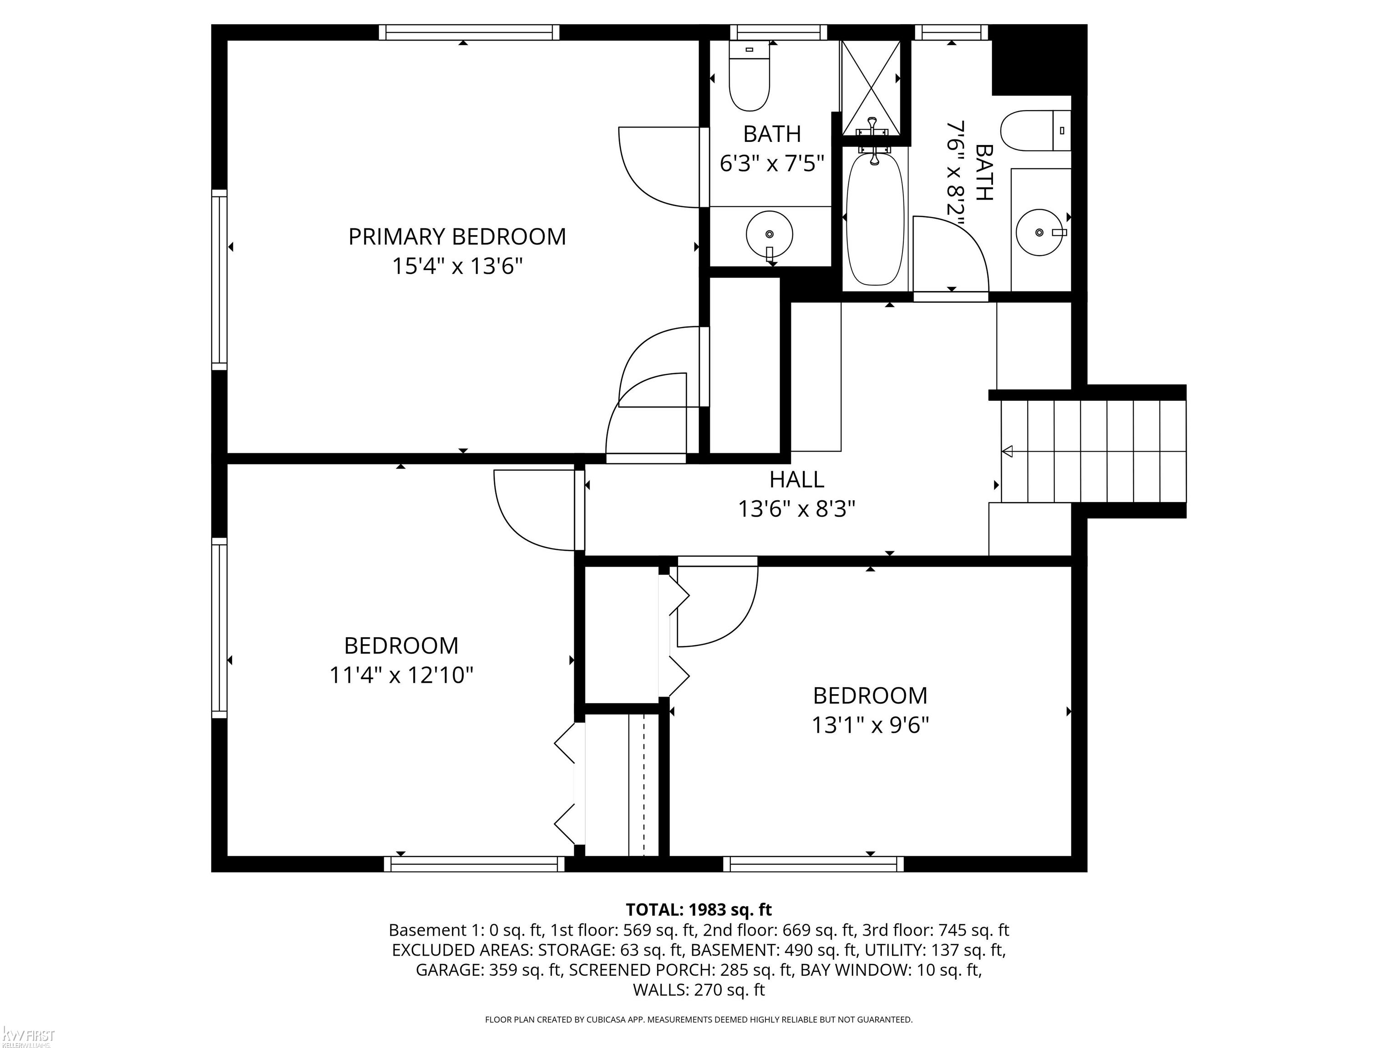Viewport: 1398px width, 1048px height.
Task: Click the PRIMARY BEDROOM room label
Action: pyautogui.click(x=457, y=237)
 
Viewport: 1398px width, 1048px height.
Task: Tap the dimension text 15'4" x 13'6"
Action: pyautogui.click(x=457, y=266)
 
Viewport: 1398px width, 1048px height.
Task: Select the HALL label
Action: pyautogui.click(x=796, y=480)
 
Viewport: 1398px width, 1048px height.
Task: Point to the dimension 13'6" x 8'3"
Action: pyautogui.click(x=796, y=509)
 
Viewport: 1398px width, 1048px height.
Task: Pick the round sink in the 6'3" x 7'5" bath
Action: pyautogui.click(x=769, y=234)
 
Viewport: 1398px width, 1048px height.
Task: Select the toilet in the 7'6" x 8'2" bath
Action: pyautogui.click(x=1036, y=131)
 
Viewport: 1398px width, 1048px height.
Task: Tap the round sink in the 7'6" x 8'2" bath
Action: pyautogui.click(x=1040, y=232)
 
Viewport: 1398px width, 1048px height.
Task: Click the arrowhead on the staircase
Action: pyautogui.click(x=1008, y=451)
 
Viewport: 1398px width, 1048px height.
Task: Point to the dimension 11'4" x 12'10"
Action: pyautogui.click(x=401, y=675)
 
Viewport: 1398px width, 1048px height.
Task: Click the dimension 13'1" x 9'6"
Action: pyautogui.click(x=870, y=725)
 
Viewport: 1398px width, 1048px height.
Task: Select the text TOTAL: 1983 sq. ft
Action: pyautogui.click(x=699, y=910)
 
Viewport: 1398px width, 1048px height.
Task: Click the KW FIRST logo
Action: pyautogui.click(x=28, y=1036)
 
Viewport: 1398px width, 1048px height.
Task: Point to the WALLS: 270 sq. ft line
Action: pyautogui.click(x=699, y=990)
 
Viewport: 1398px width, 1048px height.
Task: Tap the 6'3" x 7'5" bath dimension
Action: pyautogui.click(x=772, y=164)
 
